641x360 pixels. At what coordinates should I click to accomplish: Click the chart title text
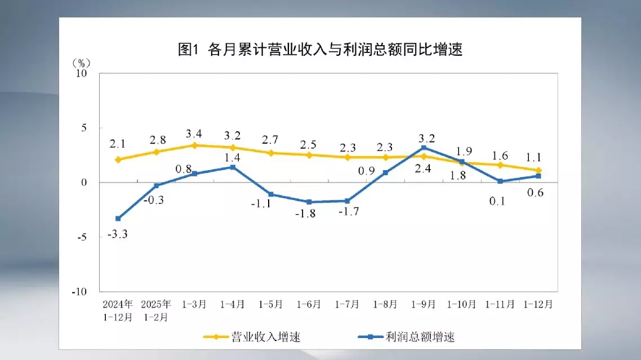[x=320, y=50]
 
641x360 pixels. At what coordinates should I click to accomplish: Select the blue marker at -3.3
[x=118, y=219]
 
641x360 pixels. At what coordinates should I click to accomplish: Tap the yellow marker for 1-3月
[x=194, y=145]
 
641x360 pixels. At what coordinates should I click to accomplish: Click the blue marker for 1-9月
[x=424, y=148]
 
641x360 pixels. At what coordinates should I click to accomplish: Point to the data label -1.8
[x=308, y=214]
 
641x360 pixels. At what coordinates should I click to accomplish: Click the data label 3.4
[x=194, y=134]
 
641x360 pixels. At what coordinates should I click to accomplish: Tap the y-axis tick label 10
[x=82, y=73]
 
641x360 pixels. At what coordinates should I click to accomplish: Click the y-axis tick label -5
[x=83, y=237]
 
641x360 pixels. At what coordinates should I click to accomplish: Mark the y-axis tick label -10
[x=81, y=292]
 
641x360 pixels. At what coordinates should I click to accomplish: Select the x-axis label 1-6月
[x=309, y=304]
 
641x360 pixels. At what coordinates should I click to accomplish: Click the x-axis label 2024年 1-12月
[x=118, y=310]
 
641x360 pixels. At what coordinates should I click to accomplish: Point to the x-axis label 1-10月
[x=461, y=304]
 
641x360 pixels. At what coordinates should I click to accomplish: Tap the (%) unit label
[x=82, y=61]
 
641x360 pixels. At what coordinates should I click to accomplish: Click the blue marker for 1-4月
[x=233, y=167]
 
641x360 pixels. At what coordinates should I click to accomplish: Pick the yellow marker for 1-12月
[x=538, y=171]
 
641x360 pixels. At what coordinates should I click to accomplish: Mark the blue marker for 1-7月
[x=347, y=201]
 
